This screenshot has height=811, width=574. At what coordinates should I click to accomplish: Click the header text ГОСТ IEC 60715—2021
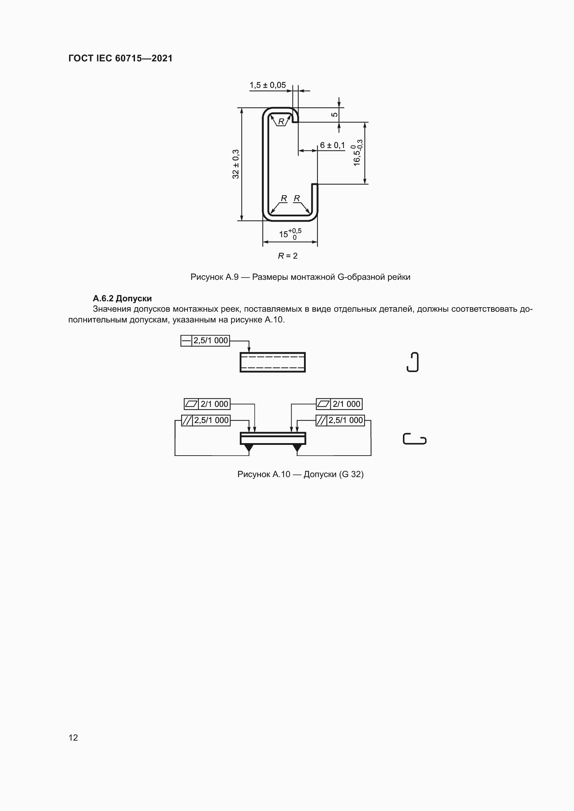tap(120, 58)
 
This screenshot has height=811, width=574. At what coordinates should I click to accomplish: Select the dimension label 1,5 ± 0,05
tap(268, 85)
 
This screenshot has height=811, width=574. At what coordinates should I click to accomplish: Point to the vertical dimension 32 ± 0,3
tap(236, 164)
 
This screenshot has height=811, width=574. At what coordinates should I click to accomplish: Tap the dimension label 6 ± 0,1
tap(332, 145)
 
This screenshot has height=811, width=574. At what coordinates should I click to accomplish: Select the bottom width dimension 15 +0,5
tap(290, 233)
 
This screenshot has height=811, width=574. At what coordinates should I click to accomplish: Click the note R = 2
tap(288, 256)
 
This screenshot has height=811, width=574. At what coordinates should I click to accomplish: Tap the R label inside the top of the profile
tap(281, 121)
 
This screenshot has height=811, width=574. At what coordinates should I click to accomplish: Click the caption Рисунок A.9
tap(300, 277)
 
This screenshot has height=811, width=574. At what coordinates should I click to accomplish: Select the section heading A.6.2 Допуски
tap(122, 299)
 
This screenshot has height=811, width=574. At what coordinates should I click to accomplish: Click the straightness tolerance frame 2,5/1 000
tap(205, 340)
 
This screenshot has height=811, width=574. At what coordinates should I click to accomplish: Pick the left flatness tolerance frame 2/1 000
tap(207, 404)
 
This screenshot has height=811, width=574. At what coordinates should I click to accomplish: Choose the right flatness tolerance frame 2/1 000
tap(339, 404)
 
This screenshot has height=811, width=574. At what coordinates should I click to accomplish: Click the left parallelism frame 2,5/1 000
tap(206, 420)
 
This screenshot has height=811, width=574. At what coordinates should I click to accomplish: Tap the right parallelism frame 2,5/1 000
tap(340, 420)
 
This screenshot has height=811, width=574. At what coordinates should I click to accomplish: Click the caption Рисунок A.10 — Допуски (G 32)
tap(300, 474)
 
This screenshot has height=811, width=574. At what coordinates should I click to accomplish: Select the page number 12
tap(73, 737)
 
